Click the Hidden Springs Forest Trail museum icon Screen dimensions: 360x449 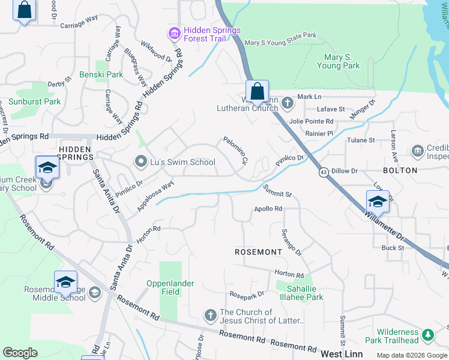click(x=175, y=34)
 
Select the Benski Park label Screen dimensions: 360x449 click(x=101, y=75)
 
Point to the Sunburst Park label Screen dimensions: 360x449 click(x=35, y=101)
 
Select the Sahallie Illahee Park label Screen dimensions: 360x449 click(x=299, y=292)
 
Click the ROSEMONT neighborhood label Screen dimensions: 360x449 click(x=258, y=252)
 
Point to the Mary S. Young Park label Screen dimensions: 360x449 click(x=342, y=61)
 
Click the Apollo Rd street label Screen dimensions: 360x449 click(x=268, y=209)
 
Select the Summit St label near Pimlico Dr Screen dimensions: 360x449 click(x=277, y=191)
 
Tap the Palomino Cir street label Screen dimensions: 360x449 click(x=236, y=151)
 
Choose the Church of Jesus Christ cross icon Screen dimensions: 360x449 click(x=210, y=315)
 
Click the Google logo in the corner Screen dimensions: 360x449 click(x=20, y=353)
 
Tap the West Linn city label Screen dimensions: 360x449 click(x=342, y=354)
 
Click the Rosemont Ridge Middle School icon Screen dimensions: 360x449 click(x=94, y=293)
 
